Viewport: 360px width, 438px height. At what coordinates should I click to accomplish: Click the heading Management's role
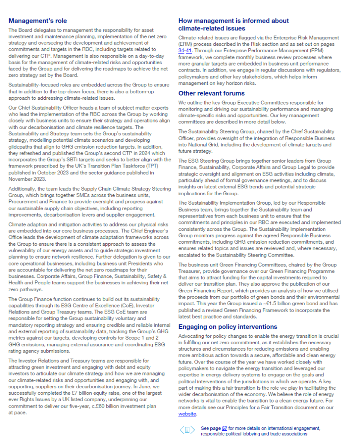click(x=38, y=21)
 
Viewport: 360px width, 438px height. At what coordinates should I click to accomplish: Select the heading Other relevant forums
click(x=205, y=93)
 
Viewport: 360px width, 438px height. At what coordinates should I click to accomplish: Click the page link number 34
click(x=181, y=51)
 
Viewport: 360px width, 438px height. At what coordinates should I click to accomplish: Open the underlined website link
click(x=187, y=414)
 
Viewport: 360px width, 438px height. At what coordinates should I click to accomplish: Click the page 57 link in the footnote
click(x=224, y=428)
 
